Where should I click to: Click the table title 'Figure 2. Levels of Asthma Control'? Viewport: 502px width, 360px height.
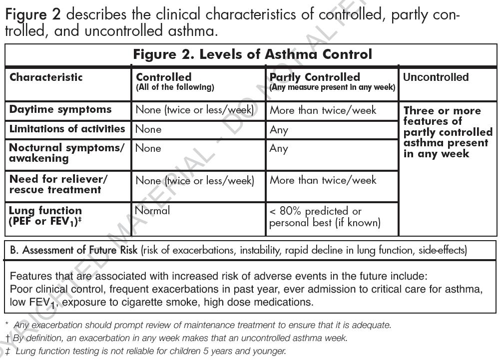point(252,54)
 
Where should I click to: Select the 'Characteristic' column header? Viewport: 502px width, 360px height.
point(46,77)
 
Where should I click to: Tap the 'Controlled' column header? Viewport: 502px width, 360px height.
point(164,77)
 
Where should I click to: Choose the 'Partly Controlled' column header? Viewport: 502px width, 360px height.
point(315,77)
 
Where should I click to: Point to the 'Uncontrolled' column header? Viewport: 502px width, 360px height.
point(436,77)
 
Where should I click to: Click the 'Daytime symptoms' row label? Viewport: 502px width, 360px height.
point(60,109)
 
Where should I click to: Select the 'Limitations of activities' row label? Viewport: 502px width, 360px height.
point(67,129)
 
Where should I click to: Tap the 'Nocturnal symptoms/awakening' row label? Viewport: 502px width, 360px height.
point(66,153)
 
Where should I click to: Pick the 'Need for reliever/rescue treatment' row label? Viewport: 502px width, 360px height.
point(58,184)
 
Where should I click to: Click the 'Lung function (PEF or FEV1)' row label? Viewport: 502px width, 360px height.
point(45,216)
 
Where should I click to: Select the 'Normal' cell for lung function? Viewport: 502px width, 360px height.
point(153,211)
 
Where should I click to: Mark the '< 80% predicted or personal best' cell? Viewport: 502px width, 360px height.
point(325,217)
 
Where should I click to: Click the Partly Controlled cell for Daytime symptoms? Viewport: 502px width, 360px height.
point(323,110)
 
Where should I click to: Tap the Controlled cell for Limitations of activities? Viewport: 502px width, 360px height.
point(148,129)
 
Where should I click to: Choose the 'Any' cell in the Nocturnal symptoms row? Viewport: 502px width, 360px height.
point(279,149)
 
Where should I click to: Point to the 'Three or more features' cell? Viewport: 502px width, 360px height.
point(448,132)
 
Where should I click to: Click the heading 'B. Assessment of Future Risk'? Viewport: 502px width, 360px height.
point(74,250)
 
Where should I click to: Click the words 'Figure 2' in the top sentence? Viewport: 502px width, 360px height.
point(33,14)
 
